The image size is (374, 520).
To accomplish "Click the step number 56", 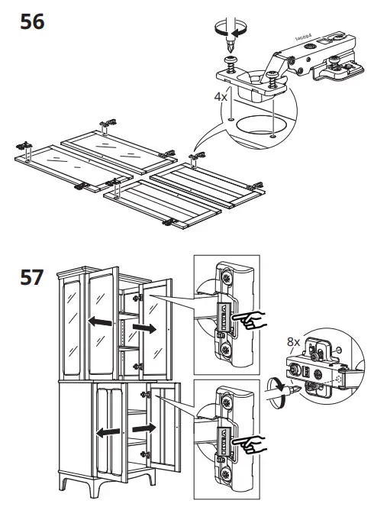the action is coord(32,22).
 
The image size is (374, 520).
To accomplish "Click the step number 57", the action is coord(32,277).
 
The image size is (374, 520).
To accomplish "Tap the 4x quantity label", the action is coord(221,97).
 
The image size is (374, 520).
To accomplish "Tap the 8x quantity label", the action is coord(293,341).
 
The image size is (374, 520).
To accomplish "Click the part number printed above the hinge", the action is coord(303,37).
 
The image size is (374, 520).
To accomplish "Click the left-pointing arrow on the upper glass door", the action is coord(100,321).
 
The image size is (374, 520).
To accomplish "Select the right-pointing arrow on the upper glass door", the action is coord(144,328).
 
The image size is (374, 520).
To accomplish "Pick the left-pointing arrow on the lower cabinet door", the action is coord(108,432).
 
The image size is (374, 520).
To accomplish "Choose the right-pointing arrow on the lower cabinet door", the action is coord(144,428).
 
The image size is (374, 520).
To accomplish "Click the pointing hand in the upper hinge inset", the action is coord(250,320).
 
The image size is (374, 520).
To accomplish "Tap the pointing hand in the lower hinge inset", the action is coord(250,444).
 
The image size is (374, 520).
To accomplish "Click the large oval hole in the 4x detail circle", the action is coord(262,124).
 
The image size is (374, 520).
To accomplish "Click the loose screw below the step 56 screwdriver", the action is coord(231,65).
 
